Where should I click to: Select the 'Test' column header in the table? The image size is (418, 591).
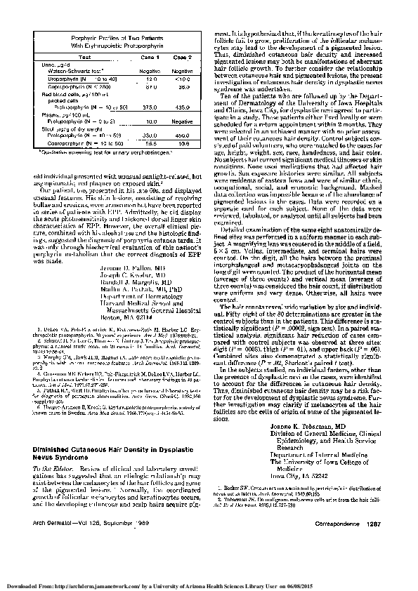85,56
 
